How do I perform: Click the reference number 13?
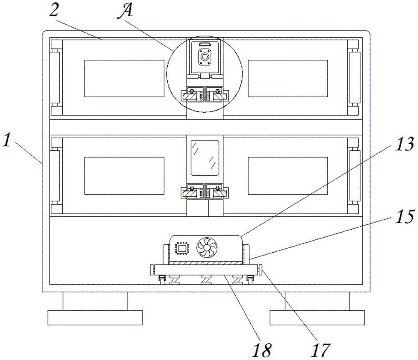pos(405,145)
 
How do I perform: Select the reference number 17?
pos(321,350)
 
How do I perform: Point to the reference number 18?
pos(262,350)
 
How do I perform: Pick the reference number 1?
pos(7,140)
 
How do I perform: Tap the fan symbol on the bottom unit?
pos(207,247)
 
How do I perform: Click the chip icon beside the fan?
pos(182,248)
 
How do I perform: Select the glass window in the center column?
pos(205,158)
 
